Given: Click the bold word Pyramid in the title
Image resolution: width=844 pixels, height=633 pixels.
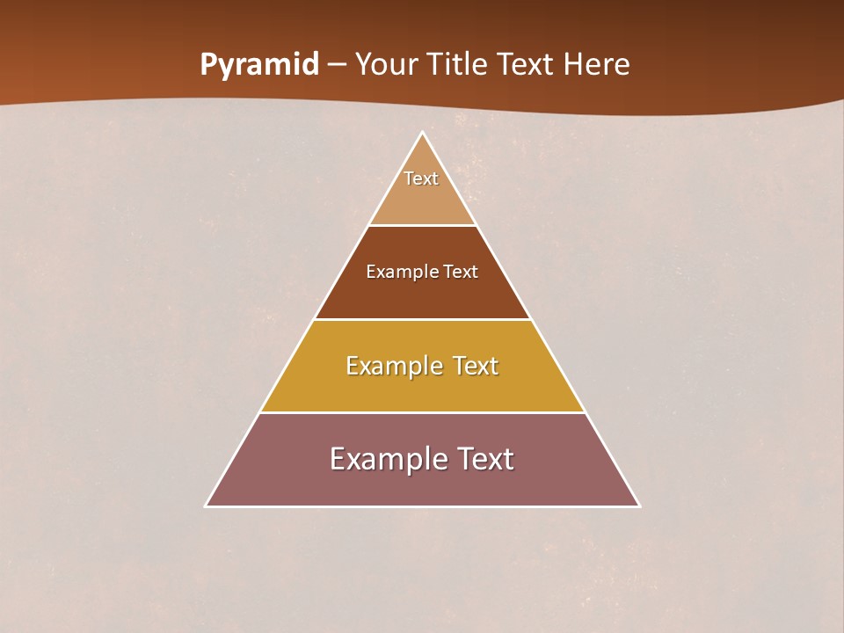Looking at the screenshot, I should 259,65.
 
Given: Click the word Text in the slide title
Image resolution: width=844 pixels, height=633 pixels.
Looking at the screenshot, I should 524,65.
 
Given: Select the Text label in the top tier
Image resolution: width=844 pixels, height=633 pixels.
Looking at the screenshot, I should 421,178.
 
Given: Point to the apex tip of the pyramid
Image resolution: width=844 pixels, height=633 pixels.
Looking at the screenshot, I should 422,134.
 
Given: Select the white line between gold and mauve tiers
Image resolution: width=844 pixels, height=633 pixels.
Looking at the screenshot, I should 422,412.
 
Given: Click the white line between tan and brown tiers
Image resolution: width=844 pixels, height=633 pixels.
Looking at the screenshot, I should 422,225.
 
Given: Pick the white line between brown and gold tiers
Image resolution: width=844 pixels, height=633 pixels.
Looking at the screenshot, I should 422,319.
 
